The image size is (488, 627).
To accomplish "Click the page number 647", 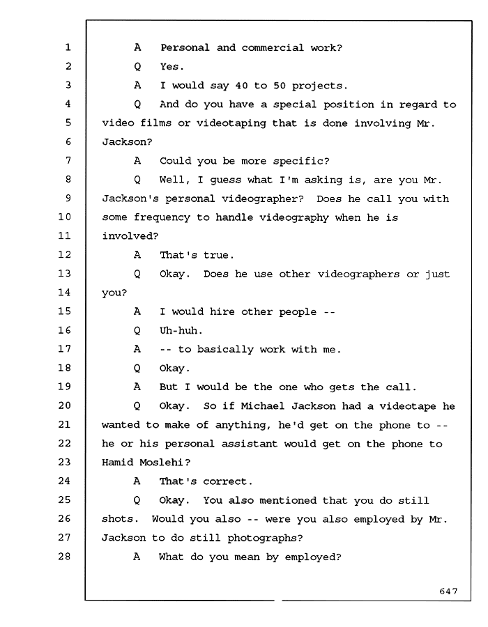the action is click(x=448, y=591).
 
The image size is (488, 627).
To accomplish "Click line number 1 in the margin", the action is click(x=68, y=47).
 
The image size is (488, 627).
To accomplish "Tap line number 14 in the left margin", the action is click(x=64, y=293).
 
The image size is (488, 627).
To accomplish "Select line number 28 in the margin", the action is click(x=64, y=556).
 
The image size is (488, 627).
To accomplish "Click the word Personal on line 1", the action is click(x=185, y=47).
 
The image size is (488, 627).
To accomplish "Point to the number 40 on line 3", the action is click(x=241, y=86).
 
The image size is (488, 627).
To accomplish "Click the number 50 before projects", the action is click(x=279, y=86).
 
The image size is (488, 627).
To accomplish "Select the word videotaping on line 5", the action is click(x=231, y=123).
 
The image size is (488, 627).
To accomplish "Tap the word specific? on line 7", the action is click(x=301, y=161).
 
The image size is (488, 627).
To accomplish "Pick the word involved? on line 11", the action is click(x=130, y=236).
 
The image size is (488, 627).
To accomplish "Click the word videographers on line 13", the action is click(x=358, y=274).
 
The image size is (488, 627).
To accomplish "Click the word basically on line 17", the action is click(x=225, y=350).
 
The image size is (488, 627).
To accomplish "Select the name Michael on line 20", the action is click(x=263, y=406).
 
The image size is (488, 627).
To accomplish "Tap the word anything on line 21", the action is click(x=241, y=425).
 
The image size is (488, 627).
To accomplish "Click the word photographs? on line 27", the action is click(x=265, y=539).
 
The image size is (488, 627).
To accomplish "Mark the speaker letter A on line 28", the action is click(x=137, y=557).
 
